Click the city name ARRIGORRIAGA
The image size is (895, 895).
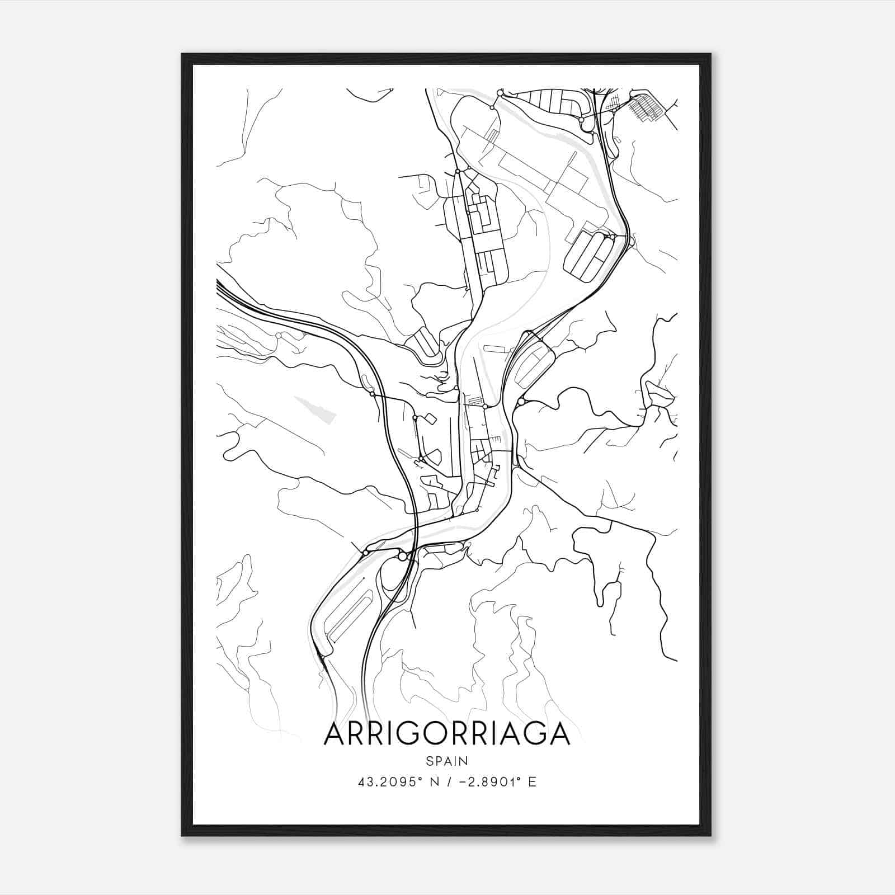tap(446, 734)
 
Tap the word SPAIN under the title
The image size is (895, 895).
tap(446, 761)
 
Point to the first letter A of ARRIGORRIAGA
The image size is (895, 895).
tap(335, 734)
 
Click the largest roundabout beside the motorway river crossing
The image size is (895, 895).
tap(402, 557)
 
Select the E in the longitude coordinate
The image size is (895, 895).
tap(532, 782)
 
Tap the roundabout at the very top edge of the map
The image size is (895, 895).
tap(500, 92)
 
